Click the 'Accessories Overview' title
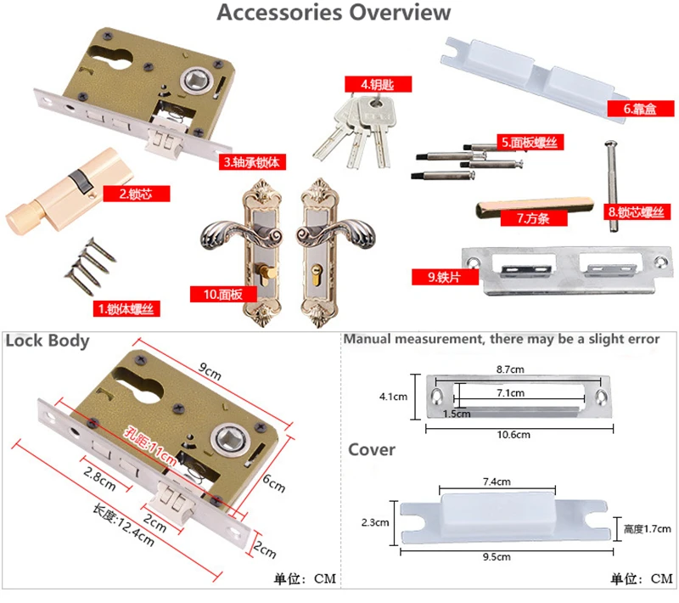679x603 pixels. [x=334, y=12]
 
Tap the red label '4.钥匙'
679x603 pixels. [x=378, y=84]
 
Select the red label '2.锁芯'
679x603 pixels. [x=137, y=194]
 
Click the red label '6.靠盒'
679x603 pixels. [x=641, y=109]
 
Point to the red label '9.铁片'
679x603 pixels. [x=445, y=277]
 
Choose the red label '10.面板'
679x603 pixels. [x=223, y=295]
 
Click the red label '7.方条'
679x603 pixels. [x=534, y=218]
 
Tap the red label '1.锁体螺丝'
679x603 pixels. [x=126, y=309]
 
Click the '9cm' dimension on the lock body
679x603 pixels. [x=210, y=371]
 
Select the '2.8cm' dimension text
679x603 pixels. [x=100, y=479]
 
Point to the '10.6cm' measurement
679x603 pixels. [x=513, y=435]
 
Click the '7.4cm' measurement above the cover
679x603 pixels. [x=497, y=482]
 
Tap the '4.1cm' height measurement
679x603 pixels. [x=393, y=397]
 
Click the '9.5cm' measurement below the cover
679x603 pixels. [x=497, y=556]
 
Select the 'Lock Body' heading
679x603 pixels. [x=48, y=341]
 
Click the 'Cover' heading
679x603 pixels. [x=372, y=449]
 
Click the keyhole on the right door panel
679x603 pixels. [x=317, y=274]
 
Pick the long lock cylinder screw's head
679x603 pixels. [x=610, y=144]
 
